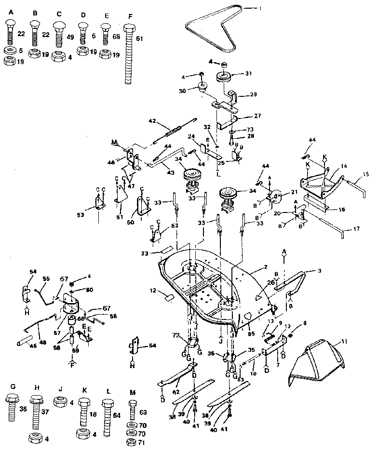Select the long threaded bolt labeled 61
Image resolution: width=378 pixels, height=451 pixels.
point(128,53)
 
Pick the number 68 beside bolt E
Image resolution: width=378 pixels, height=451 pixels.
point(116,37)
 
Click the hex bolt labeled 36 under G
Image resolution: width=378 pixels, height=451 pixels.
point(12,409)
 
